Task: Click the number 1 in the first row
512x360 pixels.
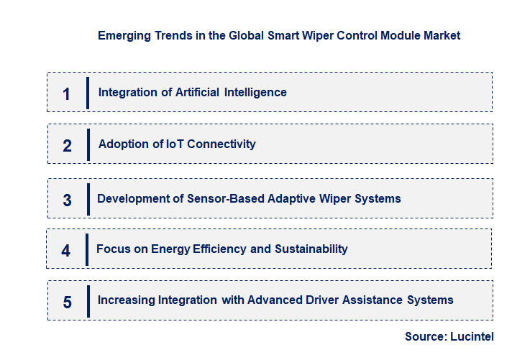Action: [x=66, y=93]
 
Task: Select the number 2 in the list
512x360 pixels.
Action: [x=67, y=146]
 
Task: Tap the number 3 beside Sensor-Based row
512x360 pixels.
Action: [x=67, y=200]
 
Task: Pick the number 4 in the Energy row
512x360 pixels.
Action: [x=66, y=251]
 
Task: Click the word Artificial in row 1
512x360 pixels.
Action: [x=198, y=92]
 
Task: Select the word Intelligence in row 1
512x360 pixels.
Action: [x=255, y=92]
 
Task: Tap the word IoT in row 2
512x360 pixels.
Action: [x=175, y=144]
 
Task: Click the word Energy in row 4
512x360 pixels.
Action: [x=170, y=249]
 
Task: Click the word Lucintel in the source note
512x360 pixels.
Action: [x=472, y=336]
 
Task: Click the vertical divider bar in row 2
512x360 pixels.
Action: [x=88, y=144]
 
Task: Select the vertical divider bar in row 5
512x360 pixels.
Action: [x=88, y=300]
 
